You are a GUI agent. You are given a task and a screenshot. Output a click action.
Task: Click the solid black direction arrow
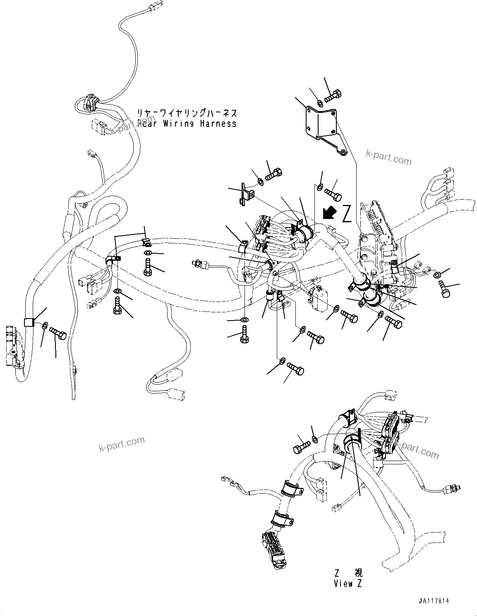[329, 213]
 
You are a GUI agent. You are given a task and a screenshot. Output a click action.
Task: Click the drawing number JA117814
[433, 601]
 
